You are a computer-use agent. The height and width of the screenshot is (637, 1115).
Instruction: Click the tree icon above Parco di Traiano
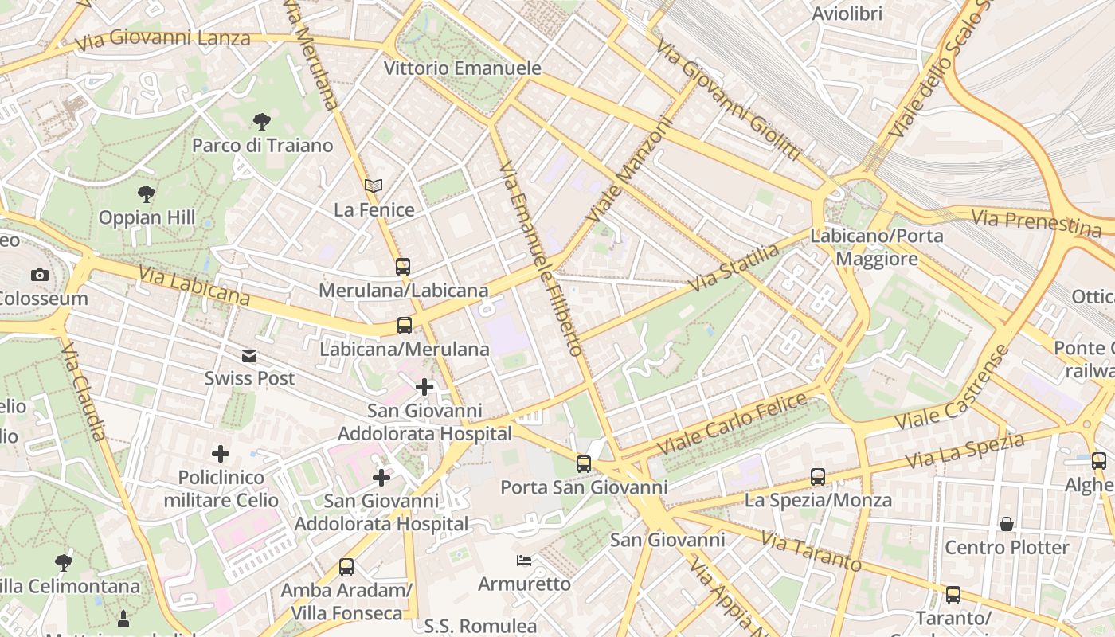tap(261, 122)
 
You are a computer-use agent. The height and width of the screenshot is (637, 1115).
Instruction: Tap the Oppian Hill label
tap(147, 217)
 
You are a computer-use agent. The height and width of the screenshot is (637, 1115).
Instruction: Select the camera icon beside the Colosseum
tap(39, 275)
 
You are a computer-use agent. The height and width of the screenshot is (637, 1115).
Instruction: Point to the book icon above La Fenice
tap(374, 186)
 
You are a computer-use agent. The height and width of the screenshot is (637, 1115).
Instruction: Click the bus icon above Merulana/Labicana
tap(403, 267)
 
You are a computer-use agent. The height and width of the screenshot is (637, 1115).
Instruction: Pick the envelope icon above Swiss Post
tap(250, 355)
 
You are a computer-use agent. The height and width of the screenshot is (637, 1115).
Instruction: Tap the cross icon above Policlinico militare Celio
tap(221, 455)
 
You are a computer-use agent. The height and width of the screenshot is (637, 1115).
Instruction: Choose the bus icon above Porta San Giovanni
tap(584, 463)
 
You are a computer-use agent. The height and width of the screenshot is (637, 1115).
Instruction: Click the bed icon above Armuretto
tap(523, 561)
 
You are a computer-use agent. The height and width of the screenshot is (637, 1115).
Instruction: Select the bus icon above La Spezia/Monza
tap(818, 477)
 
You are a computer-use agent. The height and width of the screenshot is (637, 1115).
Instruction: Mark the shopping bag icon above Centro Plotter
tap(1007, 524)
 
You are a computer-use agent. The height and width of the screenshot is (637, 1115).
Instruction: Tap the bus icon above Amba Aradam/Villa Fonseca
tap(346, 567)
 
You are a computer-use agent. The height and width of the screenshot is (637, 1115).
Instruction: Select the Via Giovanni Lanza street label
tap(163, 38)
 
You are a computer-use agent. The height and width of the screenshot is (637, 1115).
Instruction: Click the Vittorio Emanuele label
tap(462, 68)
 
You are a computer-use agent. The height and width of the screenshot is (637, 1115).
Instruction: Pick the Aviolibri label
tap(847, 14)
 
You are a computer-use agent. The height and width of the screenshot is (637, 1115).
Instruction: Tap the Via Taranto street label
tap(810, 551)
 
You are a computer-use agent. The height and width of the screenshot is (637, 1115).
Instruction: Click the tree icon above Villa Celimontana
tap(64, 563)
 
